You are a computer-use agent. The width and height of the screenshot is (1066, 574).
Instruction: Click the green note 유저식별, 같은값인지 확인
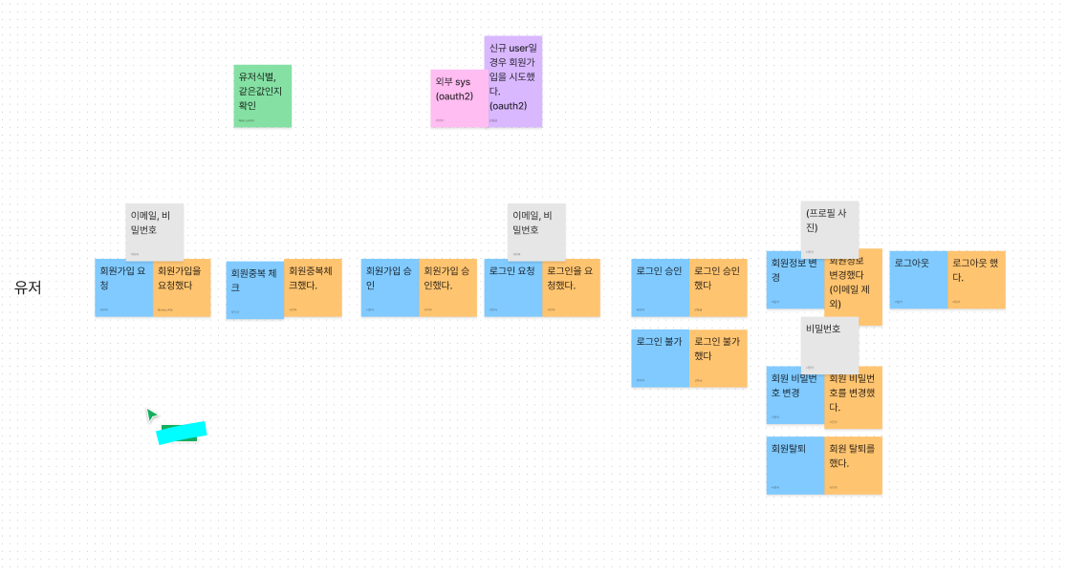click(x=262, y=96)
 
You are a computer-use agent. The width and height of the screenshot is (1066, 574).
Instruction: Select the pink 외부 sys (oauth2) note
click(x=457, y=96)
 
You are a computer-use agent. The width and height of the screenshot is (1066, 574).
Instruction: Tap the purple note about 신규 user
click(x=513, y=81)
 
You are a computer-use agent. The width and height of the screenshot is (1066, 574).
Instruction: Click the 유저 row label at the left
click(x=28, y=287)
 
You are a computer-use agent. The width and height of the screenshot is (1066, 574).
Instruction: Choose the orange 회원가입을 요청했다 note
click(x=182, y=287)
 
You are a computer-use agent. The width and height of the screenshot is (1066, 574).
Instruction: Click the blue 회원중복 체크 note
click(x=254, y=290)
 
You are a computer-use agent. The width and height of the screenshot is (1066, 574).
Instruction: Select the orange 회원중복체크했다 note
click(x=313, y=287)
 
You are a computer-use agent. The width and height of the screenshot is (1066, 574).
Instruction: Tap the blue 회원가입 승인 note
click(x=389, y=287)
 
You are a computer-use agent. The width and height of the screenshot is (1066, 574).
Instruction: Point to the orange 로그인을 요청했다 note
click(x=571, y=287)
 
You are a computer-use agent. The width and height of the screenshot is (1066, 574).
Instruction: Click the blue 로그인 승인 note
click(x=660, y=287)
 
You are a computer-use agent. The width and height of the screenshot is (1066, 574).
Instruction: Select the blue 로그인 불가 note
click(x=660, y=358)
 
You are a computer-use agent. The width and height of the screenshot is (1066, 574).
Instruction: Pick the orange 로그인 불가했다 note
click(x=718, y=358)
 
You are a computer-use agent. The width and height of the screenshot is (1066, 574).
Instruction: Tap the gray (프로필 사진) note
click(x=830, y=227)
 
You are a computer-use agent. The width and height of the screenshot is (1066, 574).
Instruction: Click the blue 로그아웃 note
click(x=918, y=280)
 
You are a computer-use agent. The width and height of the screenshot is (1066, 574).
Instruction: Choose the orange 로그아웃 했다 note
click(x=976, y=280)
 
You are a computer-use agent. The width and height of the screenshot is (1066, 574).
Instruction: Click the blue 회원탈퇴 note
click(x=794, y=466)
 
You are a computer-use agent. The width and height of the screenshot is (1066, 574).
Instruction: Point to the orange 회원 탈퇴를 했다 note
click(x=853, y=466)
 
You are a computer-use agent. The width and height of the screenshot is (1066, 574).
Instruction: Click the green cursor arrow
click(x=151, y=415)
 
